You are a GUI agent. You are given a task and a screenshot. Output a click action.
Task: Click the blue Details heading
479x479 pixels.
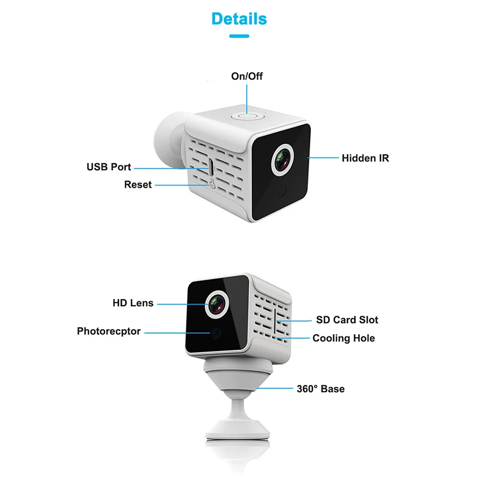(x=239, y=18)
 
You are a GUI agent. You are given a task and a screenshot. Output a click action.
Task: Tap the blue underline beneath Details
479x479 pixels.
(x=239, y=36)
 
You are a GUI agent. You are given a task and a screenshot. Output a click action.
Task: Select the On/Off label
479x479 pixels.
(x=247, y=76)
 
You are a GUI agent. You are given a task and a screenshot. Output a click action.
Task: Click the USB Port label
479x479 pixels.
(x=109, y=167)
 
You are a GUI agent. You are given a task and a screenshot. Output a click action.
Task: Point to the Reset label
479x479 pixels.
(x=138, y=184)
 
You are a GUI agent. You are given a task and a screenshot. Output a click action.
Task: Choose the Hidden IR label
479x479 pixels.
(x=365, y=158)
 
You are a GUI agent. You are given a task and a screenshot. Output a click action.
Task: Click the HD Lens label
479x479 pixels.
(x=133, y=303)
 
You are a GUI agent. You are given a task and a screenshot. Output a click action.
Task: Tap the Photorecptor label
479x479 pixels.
(x=109, y=331)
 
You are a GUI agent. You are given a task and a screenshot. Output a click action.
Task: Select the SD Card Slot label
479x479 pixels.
(x=347, y=320)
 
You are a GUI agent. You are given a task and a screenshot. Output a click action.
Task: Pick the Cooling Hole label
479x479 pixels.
(x=344, y=338)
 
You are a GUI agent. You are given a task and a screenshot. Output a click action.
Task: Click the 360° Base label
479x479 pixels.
(x=321, y=389)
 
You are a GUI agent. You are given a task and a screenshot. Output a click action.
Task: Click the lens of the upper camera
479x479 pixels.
(x=282, y=160)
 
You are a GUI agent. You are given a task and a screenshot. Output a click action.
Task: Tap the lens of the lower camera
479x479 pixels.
(x=217, y=304)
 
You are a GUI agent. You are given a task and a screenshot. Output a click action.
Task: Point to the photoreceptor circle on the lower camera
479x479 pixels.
(x=216, y=333)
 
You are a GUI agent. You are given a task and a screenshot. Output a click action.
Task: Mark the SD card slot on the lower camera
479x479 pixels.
(x=275, y=321)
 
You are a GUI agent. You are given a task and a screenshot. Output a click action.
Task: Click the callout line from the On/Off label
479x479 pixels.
(x=247, y=99)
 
